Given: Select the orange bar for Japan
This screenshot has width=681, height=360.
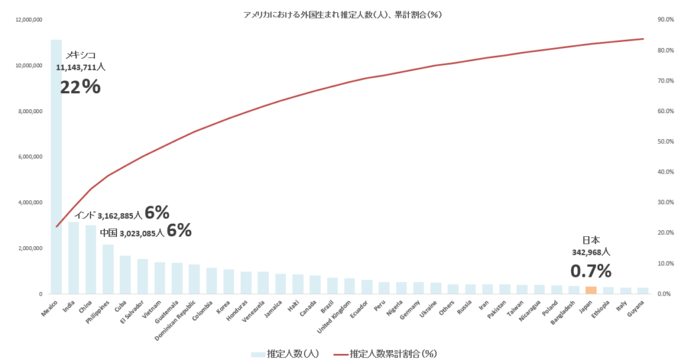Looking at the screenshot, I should [591, 290].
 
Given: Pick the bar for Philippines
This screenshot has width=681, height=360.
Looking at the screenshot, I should [108, 270].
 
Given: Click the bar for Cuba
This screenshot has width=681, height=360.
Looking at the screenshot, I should [125, 275].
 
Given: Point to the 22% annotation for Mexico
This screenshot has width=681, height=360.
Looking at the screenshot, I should [80, 87].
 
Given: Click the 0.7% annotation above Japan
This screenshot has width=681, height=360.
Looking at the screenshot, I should [591, 271].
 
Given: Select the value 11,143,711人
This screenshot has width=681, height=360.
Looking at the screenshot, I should [80, 67].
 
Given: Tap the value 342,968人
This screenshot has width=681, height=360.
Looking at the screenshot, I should [591, 252].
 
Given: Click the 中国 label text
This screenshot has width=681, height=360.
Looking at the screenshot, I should [108, 234].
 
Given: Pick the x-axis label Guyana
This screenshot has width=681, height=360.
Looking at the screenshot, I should [637, 307].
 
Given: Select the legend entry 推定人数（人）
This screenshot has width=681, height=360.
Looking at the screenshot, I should [285, 353].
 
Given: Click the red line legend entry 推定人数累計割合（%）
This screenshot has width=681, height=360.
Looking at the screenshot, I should [386, 353].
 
